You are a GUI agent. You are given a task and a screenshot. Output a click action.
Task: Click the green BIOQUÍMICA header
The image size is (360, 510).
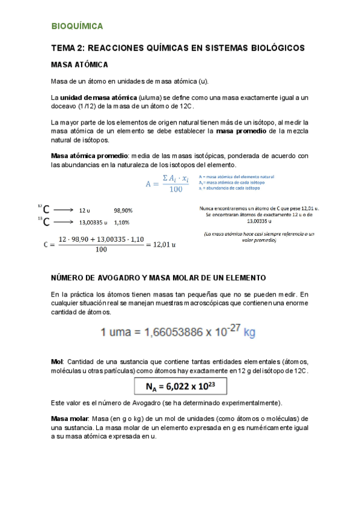(77, 26)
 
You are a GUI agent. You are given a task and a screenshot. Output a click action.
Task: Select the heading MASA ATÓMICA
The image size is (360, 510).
(80, 65)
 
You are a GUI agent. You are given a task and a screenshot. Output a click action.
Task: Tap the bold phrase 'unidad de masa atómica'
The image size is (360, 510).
(97, 98)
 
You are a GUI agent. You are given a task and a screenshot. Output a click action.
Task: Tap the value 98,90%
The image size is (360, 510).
(123, 210)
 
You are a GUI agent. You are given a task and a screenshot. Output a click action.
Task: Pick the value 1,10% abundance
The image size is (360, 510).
(122, 222)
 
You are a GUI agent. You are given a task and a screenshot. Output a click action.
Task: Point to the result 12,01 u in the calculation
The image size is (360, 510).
(162, 244)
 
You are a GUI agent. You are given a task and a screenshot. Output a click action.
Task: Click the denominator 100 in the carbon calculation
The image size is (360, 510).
(101, 251)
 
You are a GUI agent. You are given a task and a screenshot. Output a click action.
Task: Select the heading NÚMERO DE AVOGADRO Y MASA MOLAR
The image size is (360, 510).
(158, 277)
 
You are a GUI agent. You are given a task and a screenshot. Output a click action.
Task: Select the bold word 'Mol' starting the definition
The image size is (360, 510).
(57, 361)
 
